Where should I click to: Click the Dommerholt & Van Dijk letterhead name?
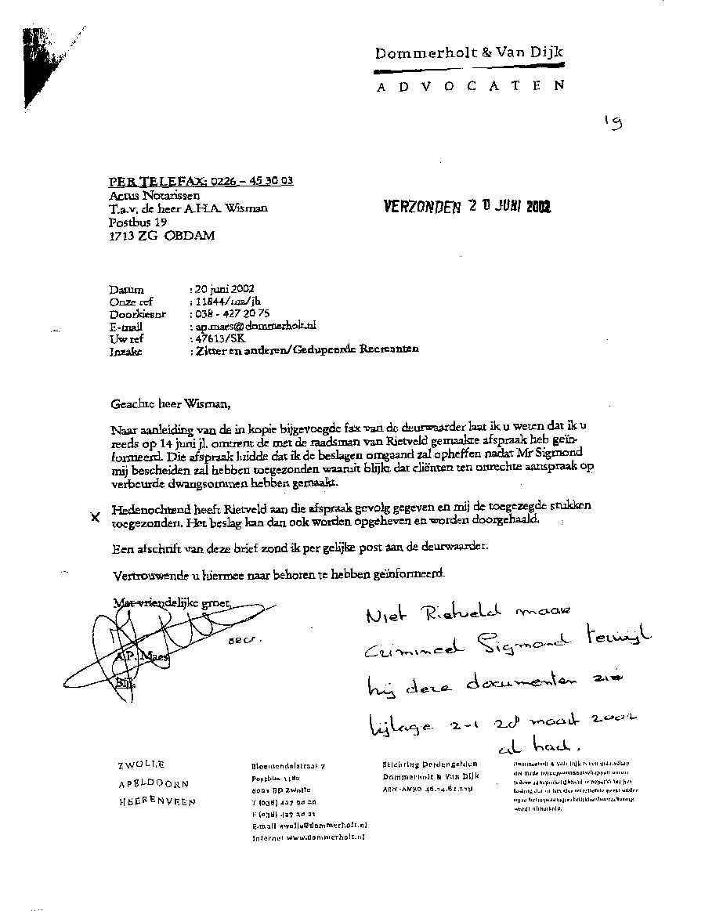469,53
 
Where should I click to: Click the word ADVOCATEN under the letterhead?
469,86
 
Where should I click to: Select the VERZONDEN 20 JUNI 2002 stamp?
467,207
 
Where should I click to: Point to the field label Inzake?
126,352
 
